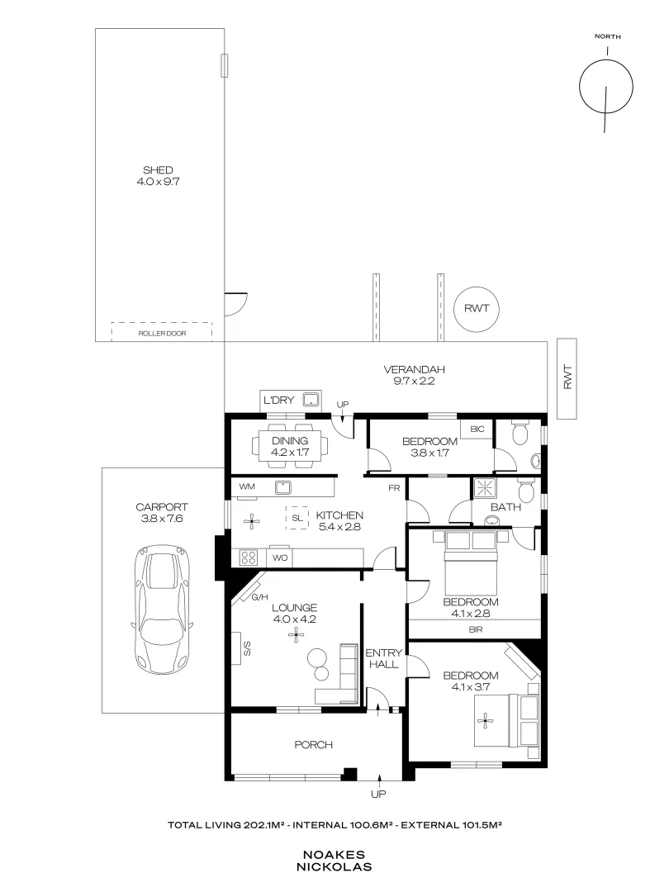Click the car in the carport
(x=162, y=610)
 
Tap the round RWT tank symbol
(x=477, y=309)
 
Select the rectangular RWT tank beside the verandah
(x=567, y=378)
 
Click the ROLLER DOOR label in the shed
(x=162, y=333)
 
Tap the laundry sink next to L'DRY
(x=311, y=401)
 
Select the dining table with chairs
(x=289, y=446)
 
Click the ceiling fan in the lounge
(x=295, y=634)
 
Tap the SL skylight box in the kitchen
(x=297, y=518)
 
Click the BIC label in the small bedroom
(x=477, y=429)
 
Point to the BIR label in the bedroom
(x=475, y=629)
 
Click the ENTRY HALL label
(x=383, y=657)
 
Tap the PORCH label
(x=313, y=745)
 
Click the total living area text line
(x=334, y=825)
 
